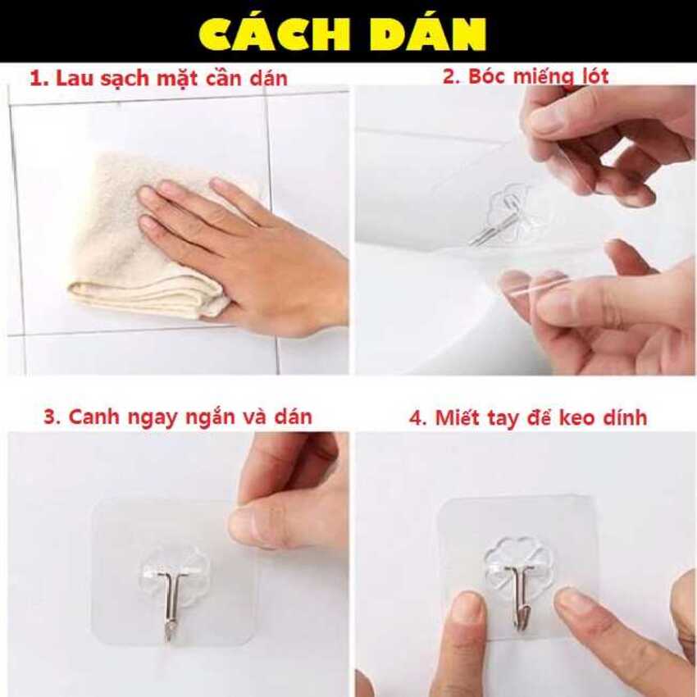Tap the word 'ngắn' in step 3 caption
(x=221, y=417)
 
